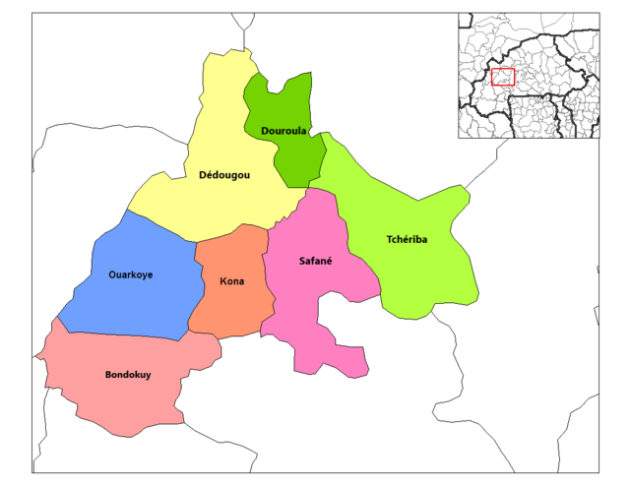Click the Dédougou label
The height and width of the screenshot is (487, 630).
tap(224, 175)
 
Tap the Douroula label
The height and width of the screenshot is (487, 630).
tap(284, 131)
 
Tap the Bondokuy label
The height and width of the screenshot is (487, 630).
tap(128, 374)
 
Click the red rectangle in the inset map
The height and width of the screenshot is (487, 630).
tap(502, 77)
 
